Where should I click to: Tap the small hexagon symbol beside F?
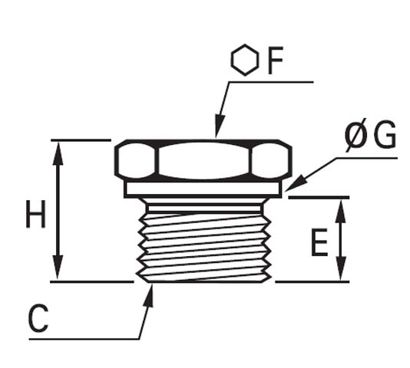(x=245, y=61)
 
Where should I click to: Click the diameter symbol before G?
(x=355, y=137)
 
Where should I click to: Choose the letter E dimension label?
(x=319, y=243)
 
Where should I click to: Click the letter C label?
(x=38, y=320)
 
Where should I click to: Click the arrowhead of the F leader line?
(x=217, y=130)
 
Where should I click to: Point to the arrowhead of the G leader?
(x=293, y=185)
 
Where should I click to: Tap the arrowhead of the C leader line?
(x=150, y=292)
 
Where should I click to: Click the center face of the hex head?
(x=203, y=161)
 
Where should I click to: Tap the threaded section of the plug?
(x=203, y=242)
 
